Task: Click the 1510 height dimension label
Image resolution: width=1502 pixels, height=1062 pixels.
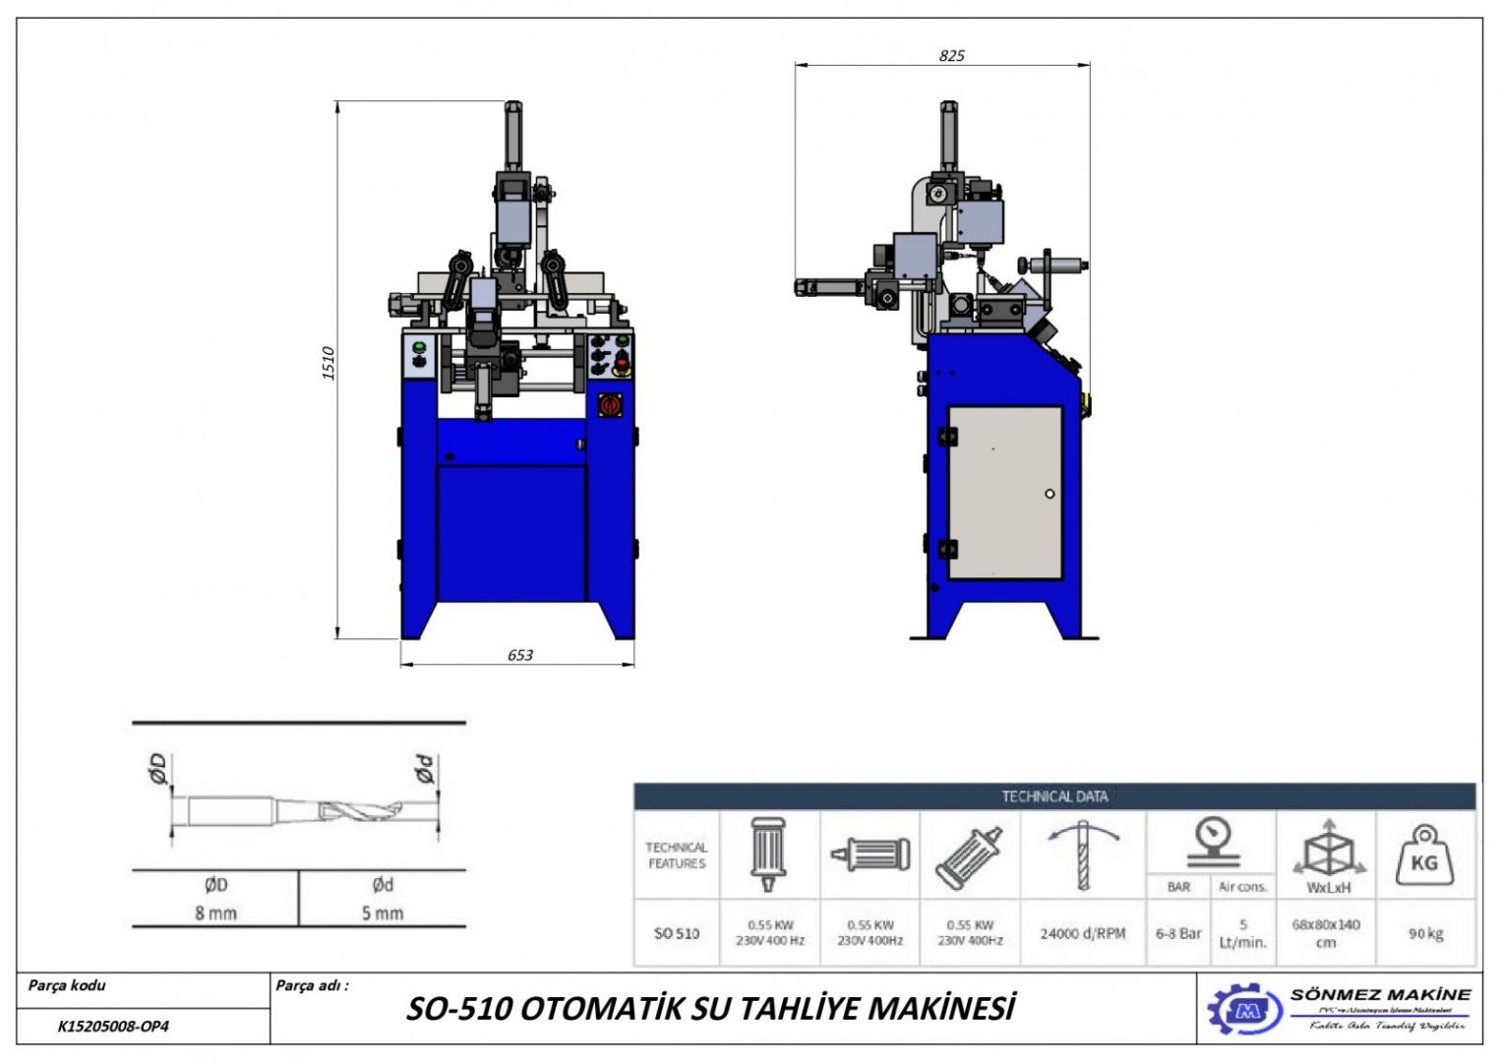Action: point(329,364)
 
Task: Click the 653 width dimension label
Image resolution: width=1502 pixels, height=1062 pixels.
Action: point(520,655)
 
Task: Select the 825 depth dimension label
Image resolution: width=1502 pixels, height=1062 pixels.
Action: point(951,56)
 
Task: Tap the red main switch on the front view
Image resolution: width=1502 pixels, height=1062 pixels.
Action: point(610,404)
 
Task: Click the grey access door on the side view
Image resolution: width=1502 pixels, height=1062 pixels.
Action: point(1004,493)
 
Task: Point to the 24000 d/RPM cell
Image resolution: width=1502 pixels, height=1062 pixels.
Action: point(1082,933)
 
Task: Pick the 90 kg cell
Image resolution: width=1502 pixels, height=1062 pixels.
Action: point(1425,933)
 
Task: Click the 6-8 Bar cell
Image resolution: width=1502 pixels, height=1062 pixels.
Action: point(1178,933)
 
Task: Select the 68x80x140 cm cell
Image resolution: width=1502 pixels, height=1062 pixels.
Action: point(1326,933)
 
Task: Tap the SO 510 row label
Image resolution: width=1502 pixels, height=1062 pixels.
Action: point(677,933)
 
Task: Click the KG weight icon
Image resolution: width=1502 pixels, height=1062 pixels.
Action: point(1423,855)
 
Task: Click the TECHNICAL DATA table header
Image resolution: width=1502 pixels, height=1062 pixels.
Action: point(1054,796)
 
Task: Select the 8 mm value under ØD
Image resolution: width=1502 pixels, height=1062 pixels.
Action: point(215,913)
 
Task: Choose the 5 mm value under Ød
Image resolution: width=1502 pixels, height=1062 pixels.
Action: point(383,913)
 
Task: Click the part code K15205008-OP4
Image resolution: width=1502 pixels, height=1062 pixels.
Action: point(113,1027)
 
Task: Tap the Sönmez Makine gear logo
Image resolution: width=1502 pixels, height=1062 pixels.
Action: point(1244,1009)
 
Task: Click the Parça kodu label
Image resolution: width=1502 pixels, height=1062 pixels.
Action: point(67,985)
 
